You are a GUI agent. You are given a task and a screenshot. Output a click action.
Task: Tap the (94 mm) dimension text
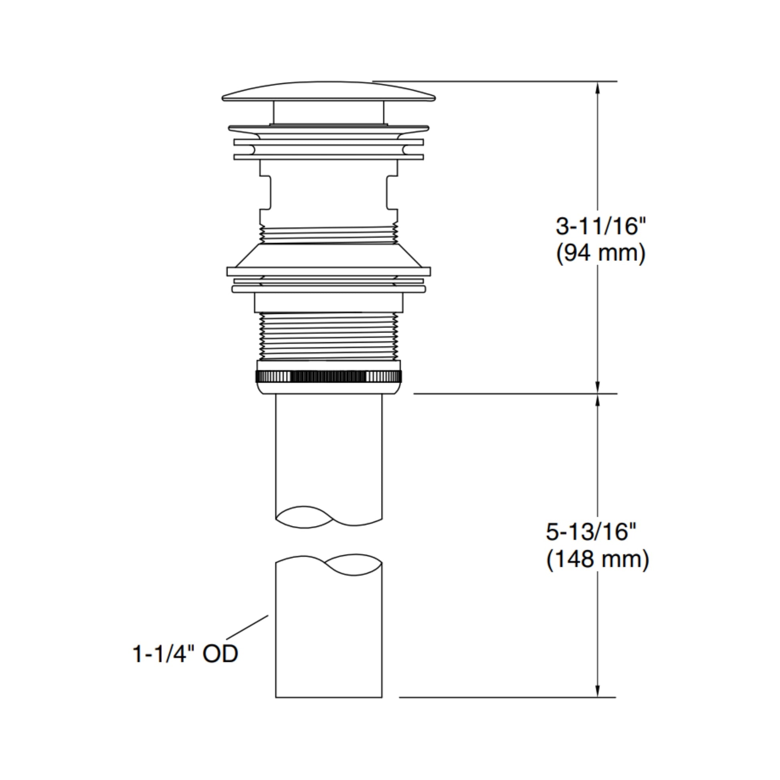pyautogui.click(x=601, y=254)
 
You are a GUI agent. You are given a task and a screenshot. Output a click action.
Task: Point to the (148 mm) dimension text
pyautogui.click(x=598, y=560)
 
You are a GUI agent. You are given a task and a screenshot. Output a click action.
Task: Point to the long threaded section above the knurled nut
pyautogui.click(x=329, y=336)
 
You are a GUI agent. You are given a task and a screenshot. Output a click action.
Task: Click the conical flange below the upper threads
pyautogui.click(x=329, y=256)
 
